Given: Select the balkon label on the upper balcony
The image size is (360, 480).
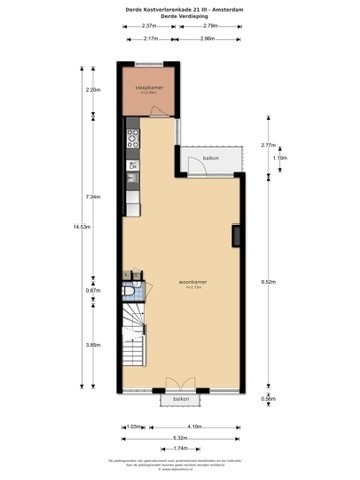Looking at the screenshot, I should tap(211, 159).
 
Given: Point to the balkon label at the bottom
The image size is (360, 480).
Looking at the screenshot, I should tap(180, 398).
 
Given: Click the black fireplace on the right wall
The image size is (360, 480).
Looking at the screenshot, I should tap(236, 236).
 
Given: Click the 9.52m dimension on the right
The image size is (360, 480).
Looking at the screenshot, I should tap(269, 281).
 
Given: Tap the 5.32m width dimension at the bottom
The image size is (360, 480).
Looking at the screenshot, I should tap(180, 437).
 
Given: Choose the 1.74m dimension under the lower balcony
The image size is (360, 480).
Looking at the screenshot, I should tap(180, 448).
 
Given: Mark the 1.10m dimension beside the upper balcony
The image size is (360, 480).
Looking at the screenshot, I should tap(280, 157).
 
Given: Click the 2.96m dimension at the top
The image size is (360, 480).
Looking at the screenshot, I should tap(209, 38).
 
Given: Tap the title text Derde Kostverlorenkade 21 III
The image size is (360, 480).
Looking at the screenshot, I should tap(180, 7).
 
